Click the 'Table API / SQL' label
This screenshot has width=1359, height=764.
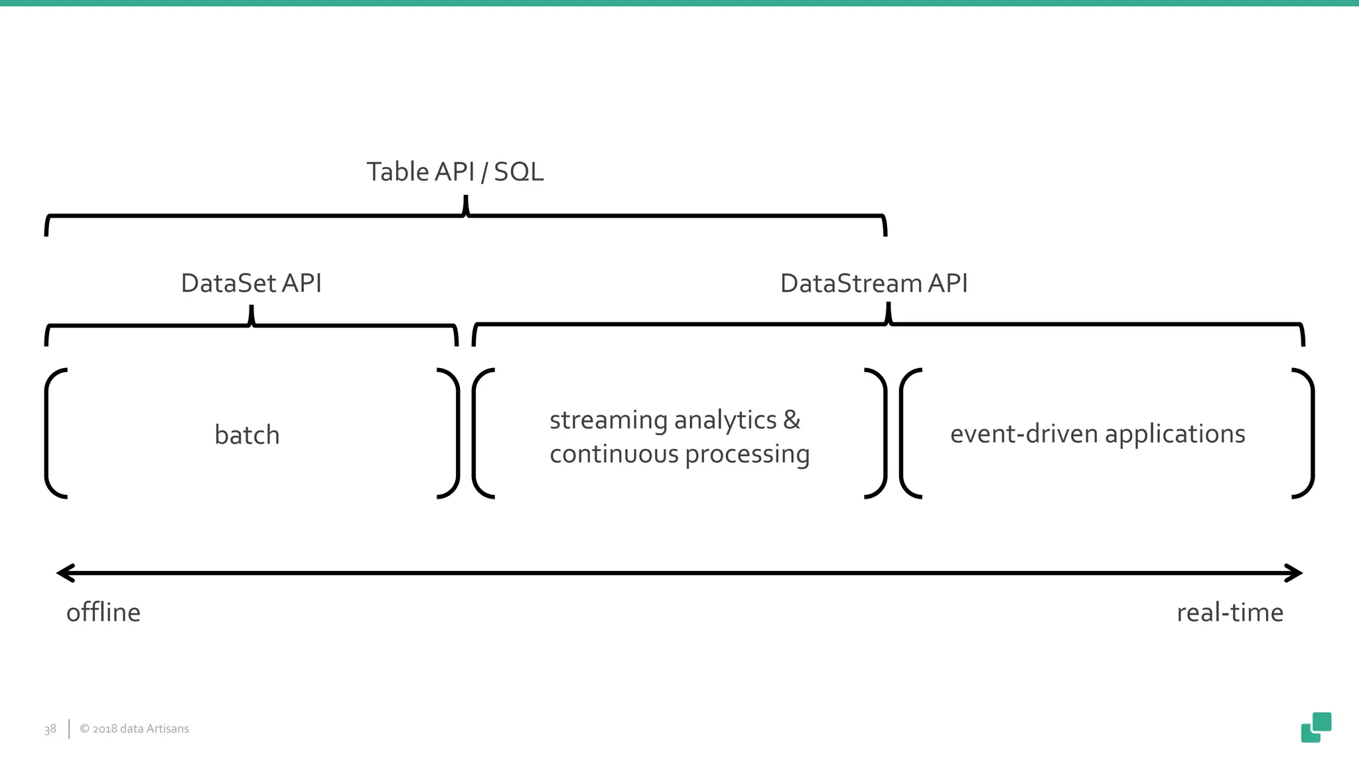[455, 172]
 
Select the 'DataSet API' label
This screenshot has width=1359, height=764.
[251, 283]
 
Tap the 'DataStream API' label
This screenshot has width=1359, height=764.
[873, 283]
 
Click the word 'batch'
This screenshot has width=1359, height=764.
[247, 435]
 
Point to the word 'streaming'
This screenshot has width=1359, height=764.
[608, 420]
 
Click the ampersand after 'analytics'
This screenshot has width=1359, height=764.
[792, 420]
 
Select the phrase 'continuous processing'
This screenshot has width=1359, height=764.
[679, 454]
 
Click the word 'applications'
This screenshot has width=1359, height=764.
[1175, 434]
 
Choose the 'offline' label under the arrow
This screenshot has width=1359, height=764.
[104, 612]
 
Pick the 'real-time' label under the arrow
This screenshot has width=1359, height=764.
[1230, 612]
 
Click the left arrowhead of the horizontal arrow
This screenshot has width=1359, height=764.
[65, 573]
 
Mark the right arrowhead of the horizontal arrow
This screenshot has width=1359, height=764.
[1294, 573]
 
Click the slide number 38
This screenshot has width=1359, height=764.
[50, 729]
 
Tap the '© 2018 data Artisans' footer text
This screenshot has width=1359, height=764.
[134, 729]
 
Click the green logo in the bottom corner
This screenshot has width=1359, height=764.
[1316, 728]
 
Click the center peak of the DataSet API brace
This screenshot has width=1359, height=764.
[251, 314]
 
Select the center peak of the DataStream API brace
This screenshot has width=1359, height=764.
[889, 312]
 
